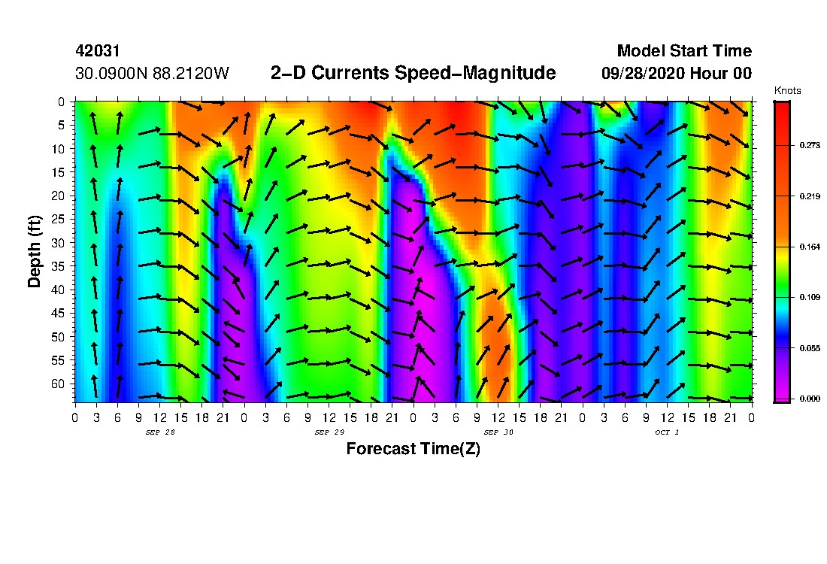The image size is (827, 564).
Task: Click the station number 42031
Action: click(x=98, y=51)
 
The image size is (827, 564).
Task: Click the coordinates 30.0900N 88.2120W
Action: click(x=153, y=74)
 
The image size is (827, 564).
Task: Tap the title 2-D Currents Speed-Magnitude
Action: click(x=413, y=73)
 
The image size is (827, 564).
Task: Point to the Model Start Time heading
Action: click(x=683, y=51)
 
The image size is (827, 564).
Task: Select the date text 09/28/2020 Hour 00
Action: click(x=677, y=74)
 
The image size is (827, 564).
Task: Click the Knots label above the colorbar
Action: click(x=787, y=91)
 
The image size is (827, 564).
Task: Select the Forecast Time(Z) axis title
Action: click(x=413, y=449)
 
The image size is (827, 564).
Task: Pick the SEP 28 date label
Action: click(x=159, y=432)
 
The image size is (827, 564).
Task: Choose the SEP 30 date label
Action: click(x=498, y=432)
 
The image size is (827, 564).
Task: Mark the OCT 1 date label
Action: click(x=667, y=432)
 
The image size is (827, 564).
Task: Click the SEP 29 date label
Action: click(x=329, y=432)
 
